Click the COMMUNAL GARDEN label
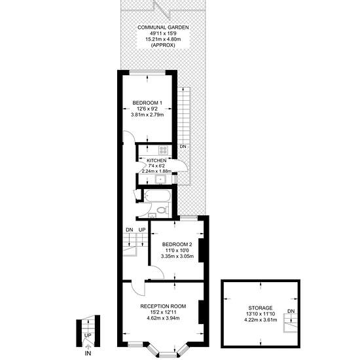click(163, 27)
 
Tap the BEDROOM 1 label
click(147, 103)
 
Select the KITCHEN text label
click(156, 160)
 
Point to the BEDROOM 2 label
click(177, 244)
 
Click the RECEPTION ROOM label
click(163, 306)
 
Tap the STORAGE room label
click(261, 308)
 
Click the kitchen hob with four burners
click(163, 150)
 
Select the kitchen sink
click(160, 179)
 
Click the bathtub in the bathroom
click(158, 196)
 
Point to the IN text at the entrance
click(88, 353)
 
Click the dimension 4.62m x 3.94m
click(163, 318)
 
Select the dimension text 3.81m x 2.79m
click(147, 115)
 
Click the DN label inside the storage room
click(291, 311)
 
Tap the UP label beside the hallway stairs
click(142, 230)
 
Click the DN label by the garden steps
click(183, 146)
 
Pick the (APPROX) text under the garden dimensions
click(163, 45)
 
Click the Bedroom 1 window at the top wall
click(147, 72)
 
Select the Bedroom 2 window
click(189, 217)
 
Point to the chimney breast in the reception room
click(201, 312)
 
